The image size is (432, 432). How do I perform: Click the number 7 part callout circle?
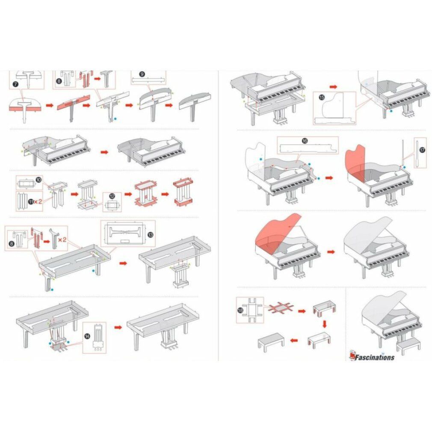(x=16, y=84)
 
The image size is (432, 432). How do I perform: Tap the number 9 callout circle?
(x=142, y=74)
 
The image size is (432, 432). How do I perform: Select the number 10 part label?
(x=38, y=180)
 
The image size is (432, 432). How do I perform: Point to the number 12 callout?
(x=112, y=196)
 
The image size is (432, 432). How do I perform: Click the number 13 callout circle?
(x=151, y=235)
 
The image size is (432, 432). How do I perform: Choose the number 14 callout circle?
(x=87, y=336)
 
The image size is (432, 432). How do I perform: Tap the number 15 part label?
(x=322, y=97)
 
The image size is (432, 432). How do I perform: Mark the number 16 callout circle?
(x=305, y=141)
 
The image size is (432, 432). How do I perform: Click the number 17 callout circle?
(x=422, y=150)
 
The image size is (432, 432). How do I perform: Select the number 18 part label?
(x=240, y=310)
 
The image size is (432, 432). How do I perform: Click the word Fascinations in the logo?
(x=375, y=357)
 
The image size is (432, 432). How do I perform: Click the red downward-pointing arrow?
(x=325, y=324)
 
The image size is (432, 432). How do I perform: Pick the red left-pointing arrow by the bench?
(x=294, y=340)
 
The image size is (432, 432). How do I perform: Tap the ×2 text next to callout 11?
(x=38, y=201)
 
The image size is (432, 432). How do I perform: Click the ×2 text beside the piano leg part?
(x=62, y=240)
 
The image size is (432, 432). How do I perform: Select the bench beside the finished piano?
(x=408, y=345)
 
